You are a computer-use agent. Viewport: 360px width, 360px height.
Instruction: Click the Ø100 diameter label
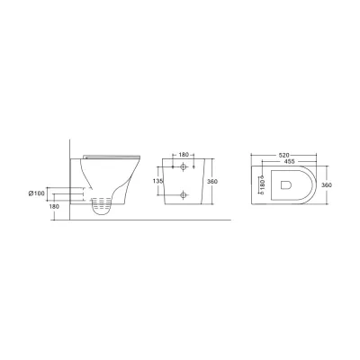point(36,193)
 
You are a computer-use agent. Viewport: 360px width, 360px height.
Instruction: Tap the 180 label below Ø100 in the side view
point(54,206)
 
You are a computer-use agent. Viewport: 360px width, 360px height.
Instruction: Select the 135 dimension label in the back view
point(157,181)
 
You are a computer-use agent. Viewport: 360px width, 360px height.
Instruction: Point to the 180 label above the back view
point(184,155)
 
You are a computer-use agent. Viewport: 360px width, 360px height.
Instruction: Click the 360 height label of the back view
point(212,182)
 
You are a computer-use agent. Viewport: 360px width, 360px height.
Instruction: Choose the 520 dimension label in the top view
point(283,155)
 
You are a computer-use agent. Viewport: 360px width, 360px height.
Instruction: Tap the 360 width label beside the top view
point(327,185)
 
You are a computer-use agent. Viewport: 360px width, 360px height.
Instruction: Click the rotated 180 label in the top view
point(262,184)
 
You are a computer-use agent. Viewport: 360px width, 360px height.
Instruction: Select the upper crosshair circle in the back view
point(184,166)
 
